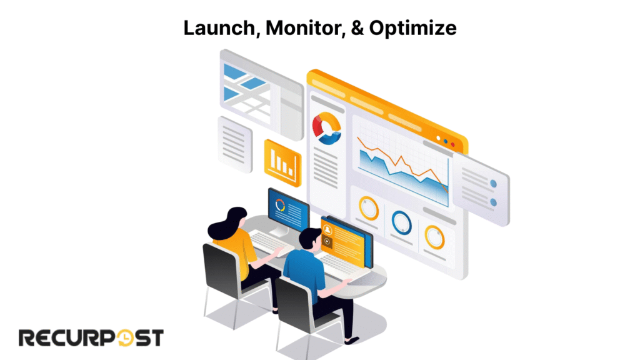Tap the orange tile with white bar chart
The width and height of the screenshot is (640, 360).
[282, 161]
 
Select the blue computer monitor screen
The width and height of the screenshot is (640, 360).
[288, 209]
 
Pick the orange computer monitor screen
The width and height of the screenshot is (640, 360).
[343, 237]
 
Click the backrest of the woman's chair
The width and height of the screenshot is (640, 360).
[221, 269]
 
